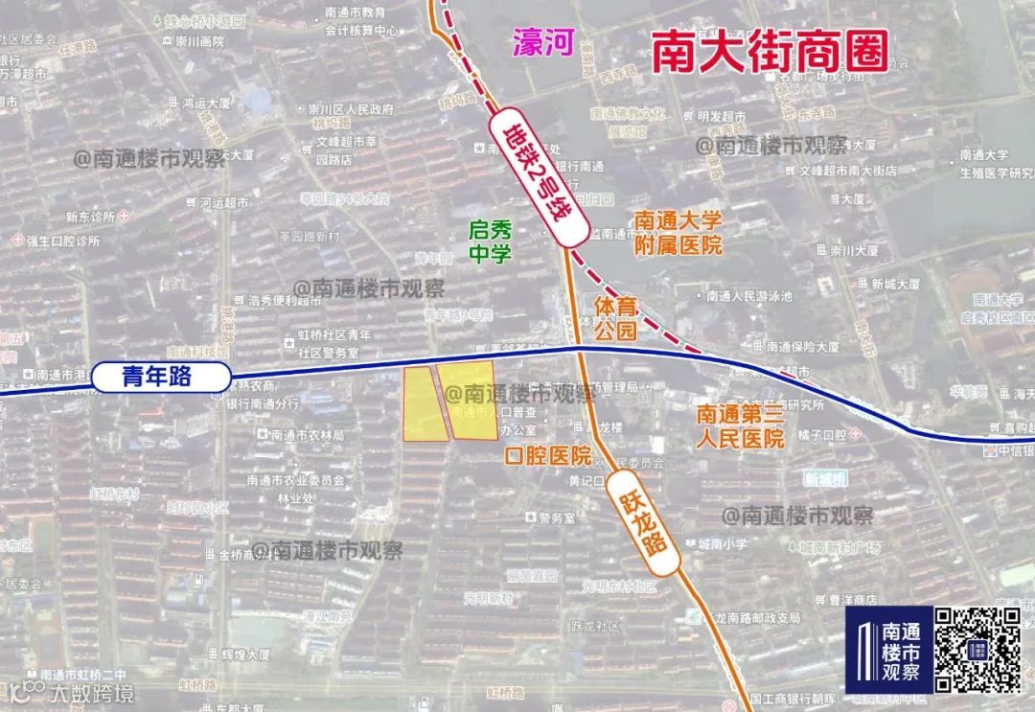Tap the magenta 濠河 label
(x=541, y=44)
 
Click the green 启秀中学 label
(x=490, y=241)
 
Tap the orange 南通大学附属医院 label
(x=678, y=233)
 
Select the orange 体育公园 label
(x=615, y=319)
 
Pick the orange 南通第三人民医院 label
(x=740, y=426)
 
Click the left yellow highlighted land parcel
(x=423, y=404)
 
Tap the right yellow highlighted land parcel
(x=471, y=401)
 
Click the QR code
(x=978, y=649)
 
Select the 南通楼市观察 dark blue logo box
(x=888, y=649)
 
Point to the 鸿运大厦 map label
(x=206, y=102)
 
